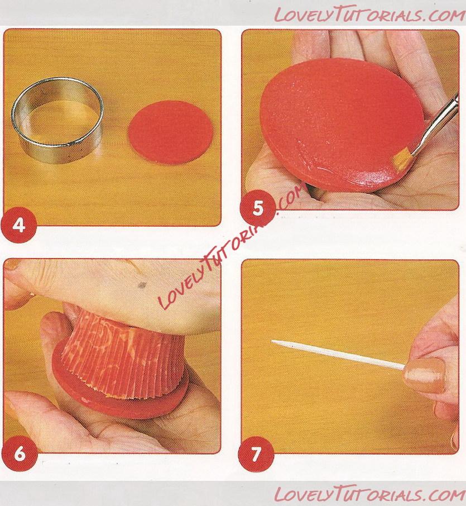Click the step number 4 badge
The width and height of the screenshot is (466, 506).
click(19, 225)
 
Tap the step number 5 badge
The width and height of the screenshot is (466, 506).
click(257, 208)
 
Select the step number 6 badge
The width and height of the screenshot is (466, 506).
click(20, 454)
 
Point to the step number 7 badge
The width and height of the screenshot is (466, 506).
click(256, 455)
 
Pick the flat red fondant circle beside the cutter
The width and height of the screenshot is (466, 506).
click(171, 132)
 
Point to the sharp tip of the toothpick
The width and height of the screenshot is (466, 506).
click(272, 341)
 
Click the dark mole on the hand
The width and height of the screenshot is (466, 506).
click(142, 285)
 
